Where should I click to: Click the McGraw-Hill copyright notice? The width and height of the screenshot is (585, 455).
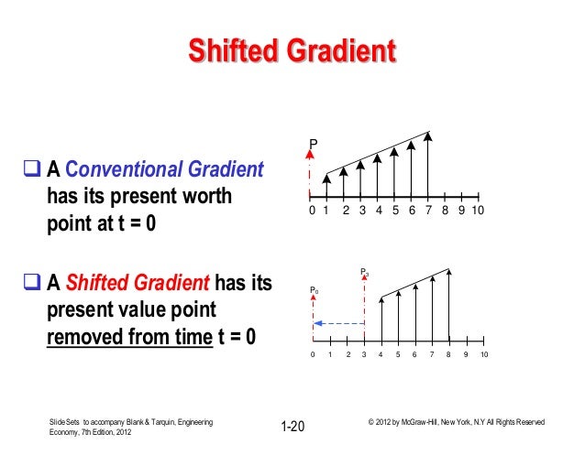coord(456,422)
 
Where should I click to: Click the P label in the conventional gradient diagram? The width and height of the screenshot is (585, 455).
coord(313,144)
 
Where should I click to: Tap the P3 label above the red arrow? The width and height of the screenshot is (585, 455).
coord(365,272)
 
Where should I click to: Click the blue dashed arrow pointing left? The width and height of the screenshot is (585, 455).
coord(338,322)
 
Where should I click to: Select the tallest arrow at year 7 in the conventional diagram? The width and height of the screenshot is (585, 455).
coord(429,165)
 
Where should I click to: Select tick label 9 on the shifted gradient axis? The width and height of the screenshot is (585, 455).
coord(467,354)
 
